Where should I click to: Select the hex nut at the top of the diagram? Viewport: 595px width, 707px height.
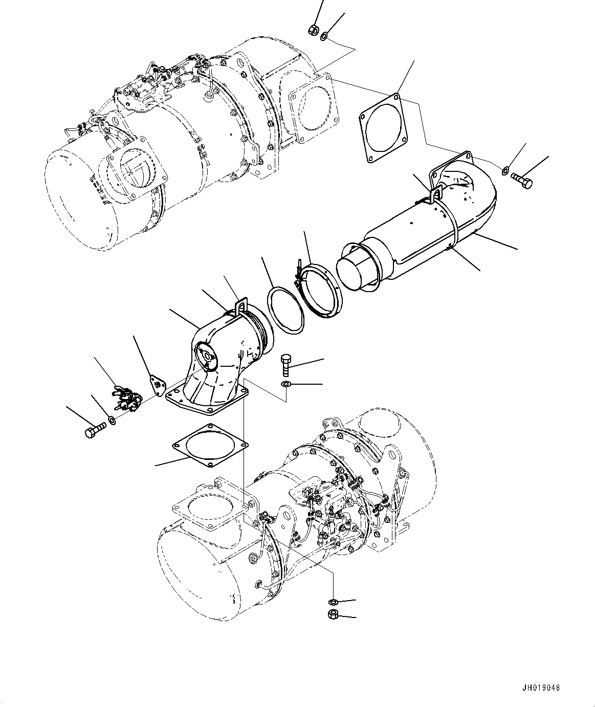point(313,30)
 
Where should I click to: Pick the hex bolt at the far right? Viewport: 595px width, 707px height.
point(521,180)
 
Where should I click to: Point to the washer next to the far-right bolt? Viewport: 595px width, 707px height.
point(505,170)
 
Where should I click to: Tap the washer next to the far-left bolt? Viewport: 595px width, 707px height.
point(112,421)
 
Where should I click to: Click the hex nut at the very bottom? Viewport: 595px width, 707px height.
point(333,613)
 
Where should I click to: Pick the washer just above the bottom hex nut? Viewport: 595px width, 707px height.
point(333,601)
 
